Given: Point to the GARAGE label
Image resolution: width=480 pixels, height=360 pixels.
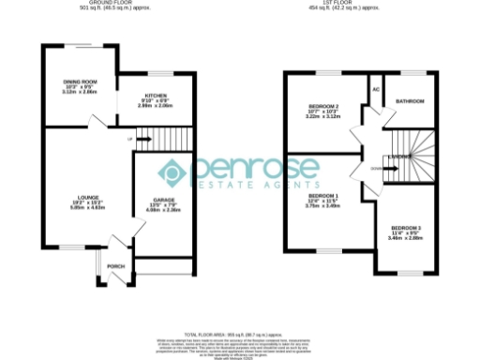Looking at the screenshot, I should coord(153,199).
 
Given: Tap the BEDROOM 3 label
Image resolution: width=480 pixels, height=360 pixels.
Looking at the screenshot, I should coord(407,229).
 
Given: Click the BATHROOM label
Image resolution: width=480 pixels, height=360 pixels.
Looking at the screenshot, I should coord(410,101).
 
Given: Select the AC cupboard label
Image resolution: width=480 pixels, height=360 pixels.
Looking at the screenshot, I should coord(375,90).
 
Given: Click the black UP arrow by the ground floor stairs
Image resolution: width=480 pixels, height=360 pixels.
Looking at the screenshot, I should coord(145,140).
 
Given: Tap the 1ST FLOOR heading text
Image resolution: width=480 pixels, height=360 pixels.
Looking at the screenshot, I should coord(356,4).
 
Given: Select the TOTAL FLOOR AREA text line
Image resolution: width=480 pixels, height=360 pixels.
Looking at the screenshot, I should coord(240,334).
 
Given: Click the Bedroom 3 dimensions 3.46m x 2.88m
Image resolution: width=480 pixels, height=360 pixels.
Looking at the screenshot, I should coord(407,239).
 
